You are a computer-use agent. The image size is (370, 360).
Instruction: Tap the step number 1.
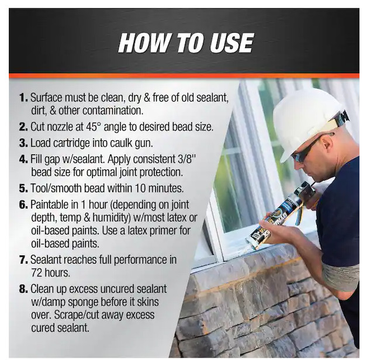23,98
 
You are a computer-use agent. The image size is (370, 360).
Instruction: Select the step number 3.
23,143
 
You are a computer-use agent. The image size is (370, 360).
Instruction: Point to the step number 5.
23,188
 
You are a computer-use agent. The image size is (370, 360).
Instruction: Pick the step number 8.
23,289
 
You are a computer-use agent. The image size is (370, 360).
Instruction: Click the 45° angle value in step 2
94,127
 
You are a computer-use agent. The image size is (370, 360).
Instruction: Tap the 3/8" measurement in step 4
186,159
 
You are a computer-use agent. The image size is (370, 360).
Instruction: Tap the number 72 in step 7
36,273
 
